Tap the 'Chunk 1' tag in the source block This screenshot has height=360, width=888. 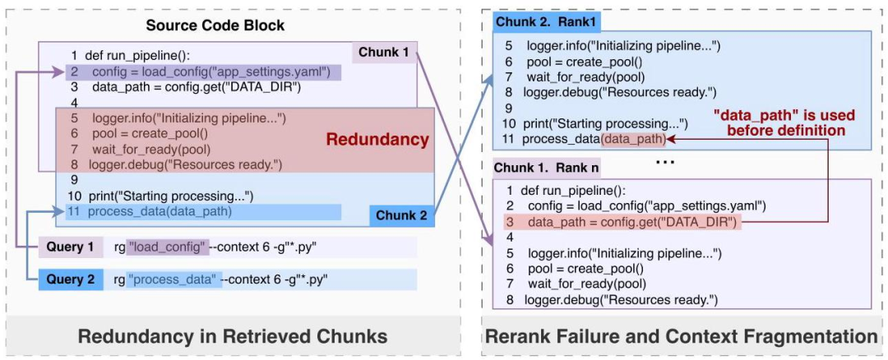382,53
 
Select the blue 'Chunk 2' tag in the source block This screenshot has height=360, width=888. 401,215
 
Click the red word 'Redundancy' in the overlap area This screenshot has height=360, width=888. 377,140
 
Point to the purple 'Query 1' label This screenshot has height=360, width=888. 70,247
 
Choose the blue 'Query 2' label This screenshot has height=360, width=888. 70,279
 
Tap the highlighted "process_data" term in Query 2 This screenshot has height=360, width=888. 174,279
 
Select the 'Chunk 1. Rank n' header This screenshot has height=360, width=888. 545,168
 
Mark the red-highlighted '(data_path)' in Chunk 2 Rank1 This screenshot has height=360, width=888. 634,139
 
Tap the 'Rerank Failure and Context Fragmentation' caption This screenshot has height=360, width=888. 682,335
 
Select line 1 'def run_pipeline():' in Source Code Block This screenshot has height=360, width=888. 140,57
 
